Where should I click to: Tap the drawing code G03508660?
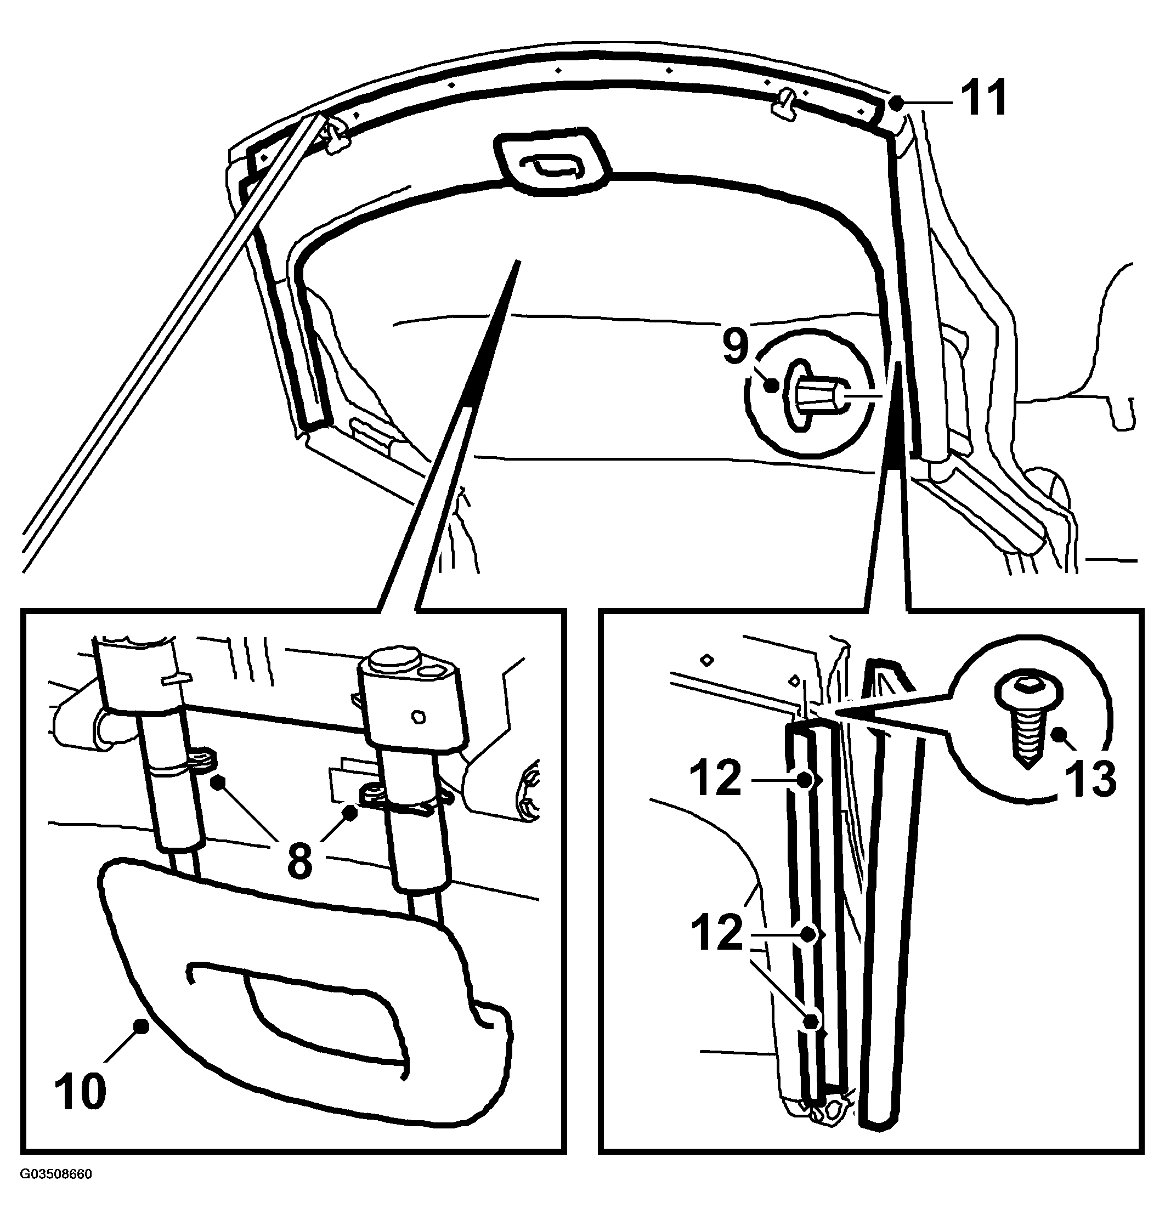[x=56, y=1174]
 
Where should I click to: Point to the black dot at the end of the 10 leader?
[x=142, y=1027]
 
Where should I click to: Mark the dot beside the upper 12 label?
[x=805, y=780]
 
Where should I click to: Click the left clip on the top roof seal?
[x=335, y=137]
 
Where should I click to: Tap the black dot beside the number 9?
[x=772, y=385]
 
